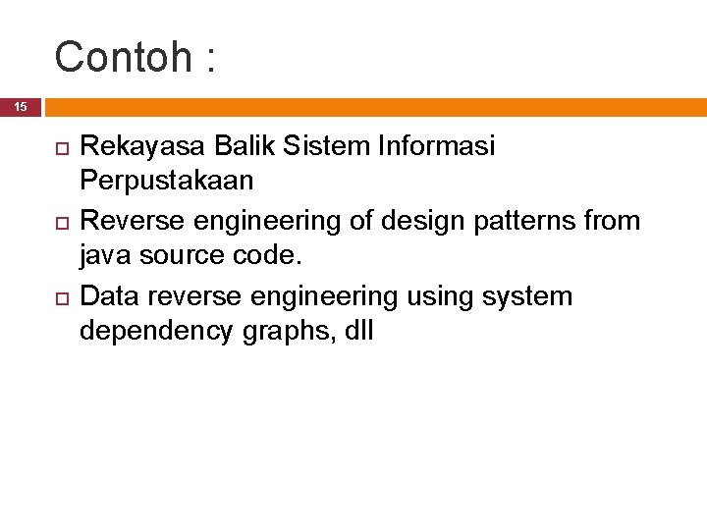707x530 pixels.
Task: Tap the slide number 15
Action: point(21,107)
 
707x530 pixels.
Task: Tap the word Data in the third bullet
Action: point(108,295)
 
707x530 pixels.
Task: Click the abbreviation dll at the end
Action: point(358,332)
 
